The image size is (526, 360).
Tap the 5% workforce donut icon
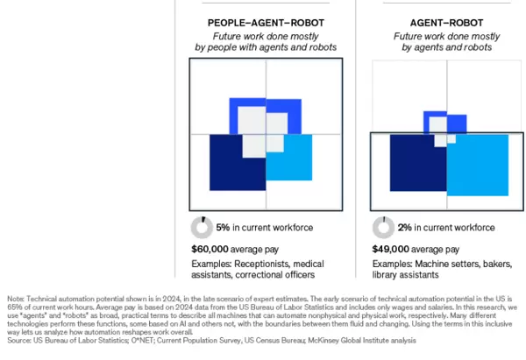tap(202, 228)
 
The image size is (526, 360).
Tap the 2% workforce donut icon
tap(383, 228)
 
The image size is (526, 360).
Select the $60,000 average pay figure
tap(210, 248)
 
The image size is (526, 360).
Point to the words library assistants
tap(409, 275)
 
